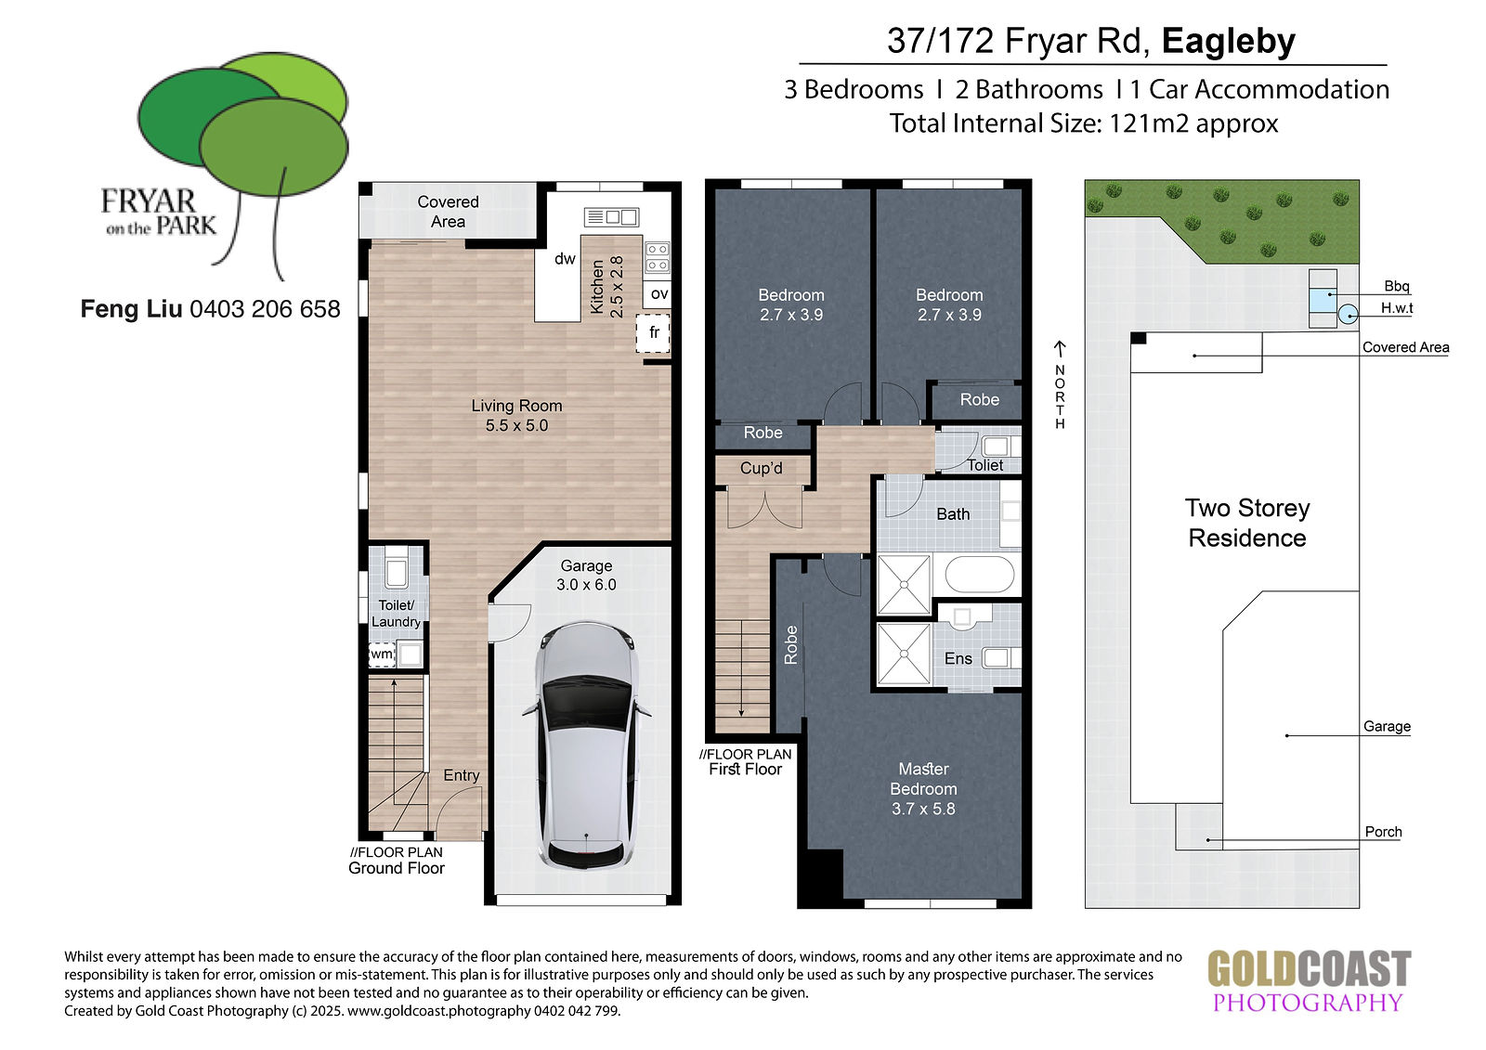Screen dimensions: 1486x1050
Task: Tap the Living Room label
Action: (x=516, y=415)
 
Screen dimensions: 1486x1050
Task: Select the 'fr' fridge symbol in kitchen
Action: (x=654, y=333)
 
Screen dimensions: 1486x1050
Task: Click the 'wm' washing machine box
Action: (x=382, y=654)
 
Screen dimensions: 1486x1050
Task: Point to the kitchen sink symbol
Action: (x=612, y=217)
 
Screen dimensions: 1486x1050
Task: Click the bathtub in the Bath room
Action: (x=979, y=575)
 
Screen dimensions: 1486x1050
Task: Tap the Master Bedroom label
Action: (x=923, y=789)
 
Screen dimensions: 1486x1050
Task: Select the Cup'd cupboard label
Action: (x=761, y=468)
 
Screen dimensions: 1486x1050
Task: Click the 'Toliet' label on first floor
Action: (x=984, y=465)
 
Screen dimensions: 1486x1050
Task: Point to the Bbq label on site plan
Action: (x=1397, y=286)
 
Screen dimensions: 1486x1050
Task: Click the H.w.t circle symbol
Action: (x=1348, y=315)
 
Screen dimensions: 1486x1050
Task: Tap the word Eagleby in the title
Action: (x=1229, y=41)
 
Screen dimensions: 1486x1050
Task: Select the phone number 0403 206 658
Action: (x=266, y=309)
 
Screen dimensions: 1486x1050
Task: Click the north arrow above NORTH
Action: (x=1060, y=349)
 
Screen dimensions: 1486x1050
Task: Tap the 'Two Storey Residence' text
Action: (x=1247, y=523)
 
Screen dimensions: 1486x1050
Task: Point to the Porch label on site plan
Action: (x=1383, y=832)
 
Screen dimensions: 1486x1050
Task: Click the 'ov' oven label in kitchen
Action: (x=659, y=294)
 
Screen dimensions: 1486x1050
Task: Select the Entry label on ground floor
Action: (x=461, y=775)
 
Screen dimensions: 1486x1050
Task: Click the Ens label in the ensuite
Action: (x=958, y=658)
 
